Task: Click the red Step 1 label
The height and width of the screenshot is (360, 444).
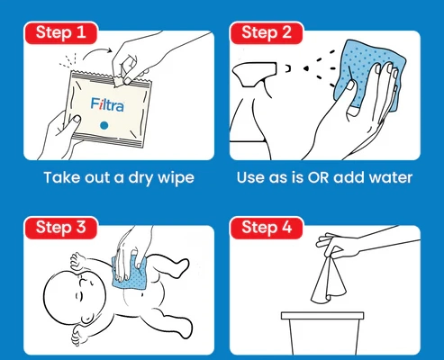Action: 61,32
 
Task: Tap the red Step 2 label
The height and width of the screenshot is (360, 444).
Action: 267,32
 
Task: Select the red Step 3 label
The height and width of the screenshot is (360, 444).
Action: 61,228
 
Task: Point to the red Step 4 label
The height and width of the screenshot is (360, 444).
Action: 267,228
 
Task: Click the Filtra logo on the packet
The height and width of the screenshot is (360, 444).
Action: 107,104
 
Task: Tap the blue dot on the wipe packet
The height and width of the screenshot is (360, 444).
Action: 104,125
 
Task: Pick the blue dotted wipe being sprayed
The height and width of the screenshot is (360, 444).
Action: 372,75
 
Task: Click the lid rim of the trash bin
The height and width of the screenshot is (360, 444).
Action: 322,316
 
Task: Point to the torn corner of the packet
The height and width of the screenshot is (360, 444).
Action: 120,80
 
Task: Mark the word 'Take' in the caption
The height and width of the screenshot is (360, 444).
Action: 61,177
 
